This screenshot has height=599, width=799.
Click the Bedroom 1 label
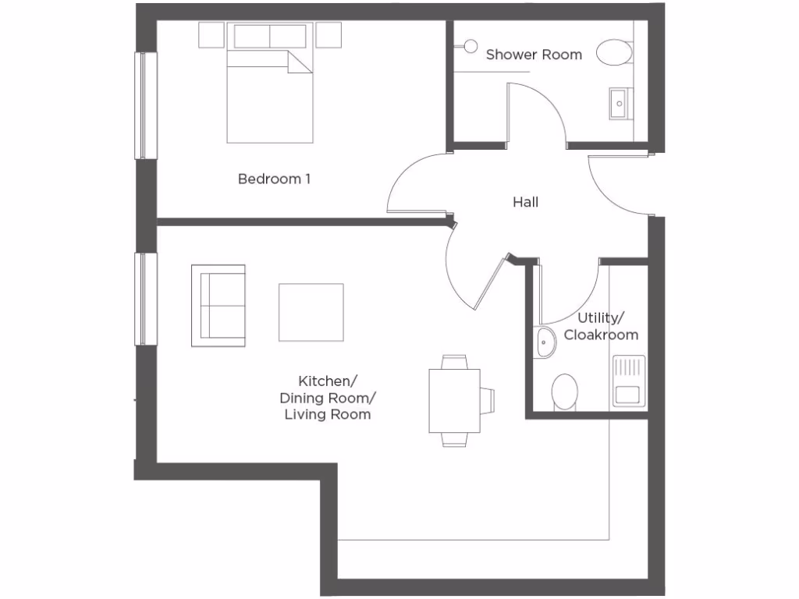pyautogui.click(x=274, y=179)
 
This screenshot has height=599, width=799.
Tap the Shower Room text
pyautogui.click(x=534, y=55)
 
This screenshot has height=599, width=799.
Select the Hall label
pyautogui.click(x=525, y=203)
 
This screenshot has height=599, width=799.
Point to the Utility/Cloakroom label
pyautogui.click(x=601, y=327)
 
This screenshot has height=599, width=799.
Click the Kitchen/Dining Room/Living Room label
pyautogui.click(x=327, y=398)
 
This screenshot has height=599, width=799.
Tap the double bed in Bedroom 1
pyautogui.click(x=270, y=95)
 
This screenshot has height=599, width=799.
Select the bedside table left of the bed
pyautogui.click(x=211, y=35)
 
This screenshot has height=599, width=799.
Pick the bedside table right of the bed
pyautogui.click(x=328, y=35)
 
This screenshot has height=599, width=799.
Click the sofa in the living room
pyautogui.click(x=218, y=306)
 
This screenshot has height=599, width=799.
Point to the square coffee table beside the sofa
pyautogui.click(x=311, y=312)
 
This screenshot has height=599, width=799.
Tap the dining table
pyautogui.click(x=454, y=400)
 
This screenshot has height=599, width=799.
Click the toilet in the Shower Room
pyautogui.click(x=615, y=53)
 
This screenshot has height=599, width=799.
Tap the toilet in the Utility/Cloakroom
pyautogui.click(x=564, y=391)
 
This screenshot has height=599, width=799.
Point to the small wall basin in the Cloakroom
pyautogui.click(x=545, y=342)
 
